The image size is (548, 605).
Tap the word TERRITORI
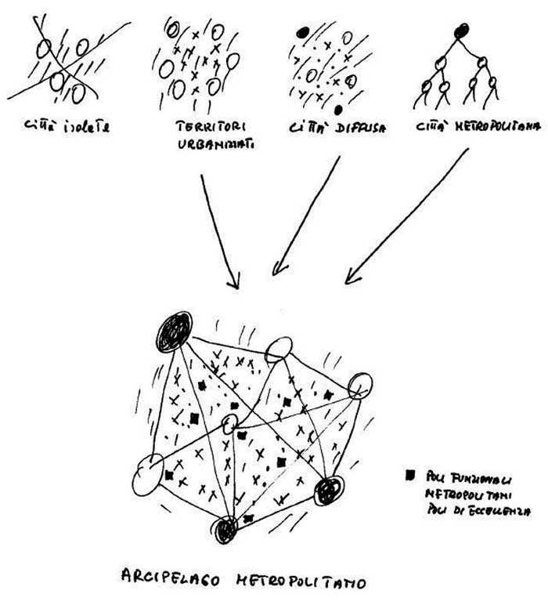point(195,123)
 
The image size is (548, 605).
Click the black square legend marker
point(408,474)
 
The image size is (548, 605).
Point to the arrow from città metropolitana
point(407,216)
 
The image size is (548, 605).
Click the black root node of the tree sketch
point(462,31)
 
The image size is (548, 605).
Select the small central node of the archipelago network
point(229,424)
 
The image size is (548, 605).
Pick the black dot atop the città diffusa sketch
point(301,34)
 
